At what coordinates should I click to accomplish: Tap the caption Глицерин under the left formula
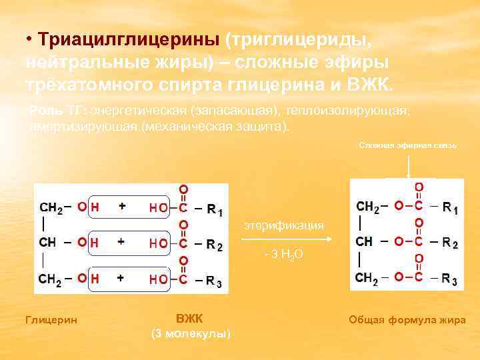click(x=51, y=321)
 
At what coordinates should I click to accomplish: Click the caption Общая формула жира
click(x=407, y=320)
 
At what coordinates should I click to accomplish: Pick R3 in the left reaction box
click(x=215, y=281)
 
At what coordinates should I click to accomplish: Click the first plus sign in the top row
click(x=122, y=207)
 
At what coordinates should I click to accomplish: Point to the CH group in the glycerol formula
click(x=49, y=243)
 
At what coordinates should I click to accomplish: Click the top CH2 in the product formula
click(x=369, y=208)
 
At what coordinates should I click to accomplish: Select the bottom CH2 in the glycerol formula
click(x=50, y=279)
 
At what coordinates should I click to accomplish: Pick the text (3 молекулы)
click(x=191, y=333)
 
